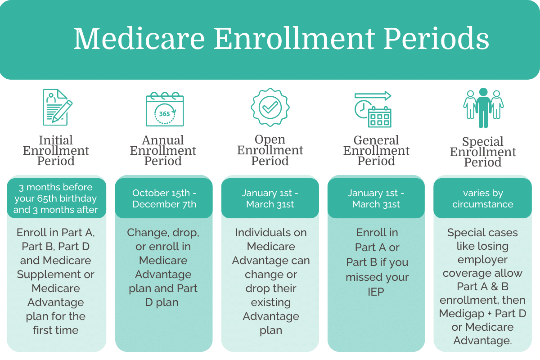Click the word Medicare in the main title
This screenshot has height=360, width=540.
139,39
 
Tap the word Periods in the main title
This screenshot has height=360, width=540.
436,39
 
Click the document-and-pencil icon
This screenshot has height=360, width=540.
58,107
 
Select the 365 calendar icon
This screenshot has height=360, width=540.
165,109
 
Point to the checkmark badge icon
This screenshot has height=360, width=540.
270,107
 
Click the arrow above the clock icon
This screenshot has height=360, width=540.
373,96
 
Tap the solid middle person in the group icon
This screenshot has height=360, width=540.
483,108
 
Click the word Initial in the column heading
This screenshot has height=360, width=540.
56,140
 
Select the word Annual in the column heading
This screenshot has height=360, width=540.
163,140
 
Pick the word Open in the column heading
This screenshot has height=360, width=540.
270,139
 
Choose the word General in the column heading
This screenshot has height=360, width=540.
376,140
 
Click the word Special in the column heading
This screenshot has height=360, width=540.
482,142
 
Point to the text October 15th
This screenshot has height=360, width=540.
161,193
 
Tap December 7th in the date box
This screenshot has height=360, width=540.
164,204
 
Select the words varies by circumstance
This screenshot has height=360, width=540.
482,198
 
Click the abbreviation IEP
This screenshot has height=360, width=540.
376,292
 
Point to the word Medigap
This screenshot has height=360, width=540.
462,314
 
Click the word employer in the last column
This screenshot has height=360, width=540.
482,260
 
